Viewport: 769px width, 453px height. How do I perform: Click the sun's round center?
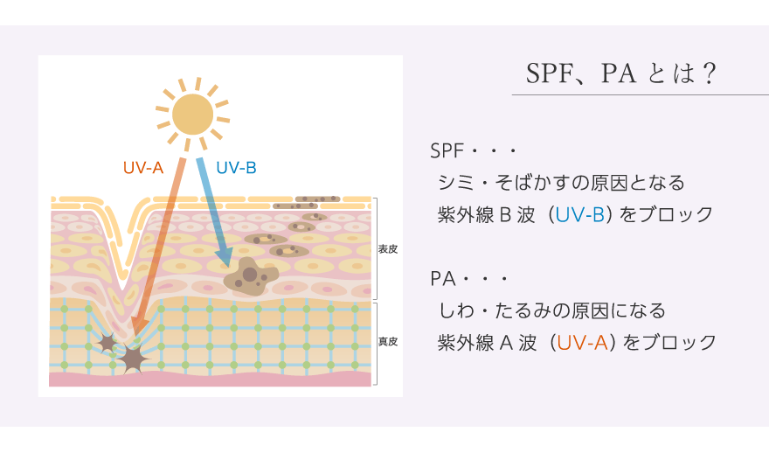(193, 115)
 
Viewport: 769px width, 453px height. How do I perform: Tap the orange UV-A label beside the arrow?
(142, 168)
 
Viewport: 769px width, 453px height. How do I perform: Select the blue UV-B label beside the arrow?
(236, 168)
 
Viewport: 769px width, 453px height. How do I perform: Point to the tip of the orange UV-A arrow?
(135, 338)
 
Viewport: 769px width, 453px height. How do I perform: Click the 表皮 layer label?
(387, 249)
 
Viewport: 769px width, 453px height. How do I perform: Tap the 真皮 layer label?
(387, 341)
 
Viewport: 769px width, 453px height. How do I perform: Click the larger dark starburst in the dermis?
(131, 359)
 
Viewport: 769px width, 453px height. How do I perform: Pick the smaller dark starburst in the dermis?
(107, 342)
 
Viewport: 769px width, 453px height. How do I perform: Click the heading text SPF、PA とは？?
(621, 73)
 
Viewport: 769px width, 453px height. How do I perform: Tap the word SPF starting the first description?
(447, 150)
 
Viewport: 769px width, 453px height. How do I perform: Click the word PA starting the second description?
(442, 279)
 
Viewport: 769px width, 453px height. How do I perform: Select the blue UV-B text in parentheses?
(579, 215)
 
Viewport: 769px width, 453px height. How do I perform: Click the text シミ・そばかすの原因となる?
(561, 183)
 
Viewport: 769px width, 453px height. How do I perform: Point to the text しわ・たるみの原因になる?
(551, 310)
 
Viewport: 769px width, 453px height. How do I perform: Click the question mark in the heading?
(709, 73)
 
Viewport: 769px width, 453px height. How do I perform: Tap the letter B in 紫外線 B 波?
(505, 215)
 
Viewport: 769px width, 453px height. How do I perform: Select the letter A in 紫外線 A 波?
(507, 343)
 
